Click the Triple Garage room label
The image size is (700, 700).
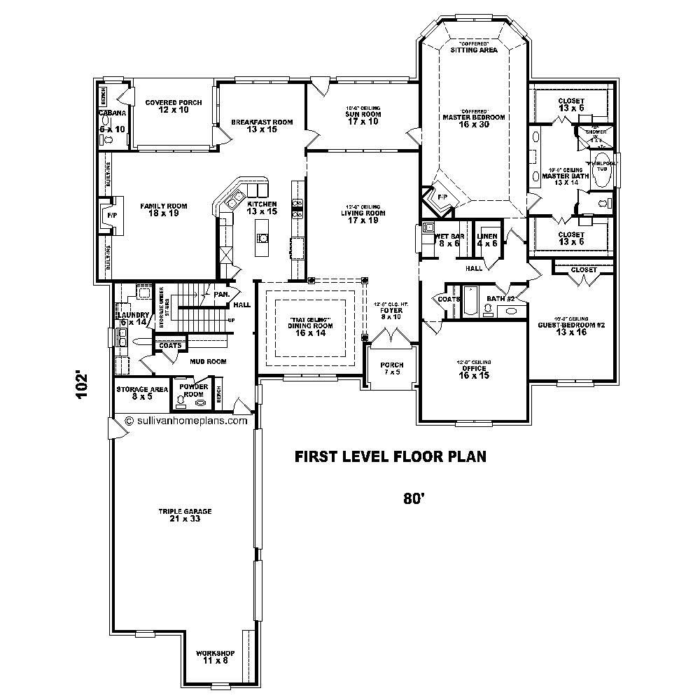(185, 515)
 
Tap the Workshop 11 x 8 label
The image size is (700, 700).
(215, 656)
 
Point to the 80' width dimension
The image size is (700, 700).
(414, 498)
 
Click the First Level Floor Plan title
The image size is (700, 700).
(390, 457)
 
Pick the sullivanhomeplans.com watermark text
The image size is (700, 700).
(186, 421)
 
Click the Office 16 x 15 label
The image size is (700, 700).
(474, 372)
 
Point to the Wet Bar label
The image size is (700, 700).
(449, 240)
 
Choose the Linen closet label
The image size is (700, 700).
(487, 240)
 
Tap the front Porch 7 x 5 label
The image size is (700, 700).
(391, 369)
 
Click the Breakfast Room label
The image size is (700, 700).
(262, 126)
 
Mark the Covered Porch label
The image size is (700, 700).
(174, 106)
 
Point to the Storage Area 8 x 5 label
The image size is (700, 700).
(142, 392)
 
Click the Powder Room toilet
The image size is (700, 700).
(181, 401)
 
